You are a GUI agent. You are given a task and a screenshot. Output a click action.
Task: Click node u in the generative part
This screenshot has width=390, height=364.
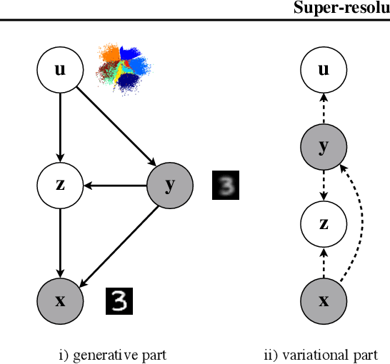tap(60, 69)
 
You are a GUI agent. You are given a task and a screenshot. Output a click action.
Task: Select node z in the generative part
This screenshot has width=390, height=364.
tap(60, 185)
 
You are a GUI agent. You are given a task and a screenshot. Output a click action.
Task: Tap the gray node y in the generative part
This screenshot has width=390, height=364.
tap(169, 185)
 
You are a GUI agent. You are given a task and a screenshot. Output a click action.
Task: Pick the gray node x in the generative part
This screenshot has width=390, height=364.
tap(60, 300)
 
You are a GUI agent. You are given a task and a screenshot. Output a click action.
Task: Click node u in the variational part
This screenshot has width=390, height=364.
tap(324, 69)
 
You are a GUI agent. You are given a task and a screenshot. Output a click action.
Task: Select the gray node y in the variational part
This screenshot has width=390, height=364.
tap(324, 146)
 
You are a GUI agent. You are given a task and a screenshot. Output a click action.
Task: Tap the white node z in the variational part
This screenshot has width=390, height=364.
tap(324, 223)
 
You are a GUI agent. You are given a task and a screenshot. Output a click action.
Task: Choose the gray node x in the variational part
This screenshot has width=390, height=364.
tap(324, 300)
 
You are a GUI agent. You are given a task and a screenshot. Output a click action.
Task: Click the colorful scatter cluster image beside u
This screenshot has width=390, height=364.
tap(126, 69)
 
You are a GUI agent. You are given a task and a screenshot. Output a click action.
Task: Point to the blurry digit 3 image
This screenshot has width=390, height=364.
tap(226, 186)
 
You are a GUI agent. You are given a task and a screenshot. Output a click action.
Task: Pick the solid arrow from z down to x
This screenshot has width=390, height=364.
tap(60, 243)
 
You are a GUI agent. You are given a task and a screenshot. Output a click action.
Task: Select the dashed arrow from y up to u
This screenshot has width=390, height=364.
tap(324, 108)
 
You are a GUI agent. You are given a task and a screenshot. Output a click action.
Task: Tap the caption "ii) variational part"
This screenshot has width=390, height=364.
tap(321, 354)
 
